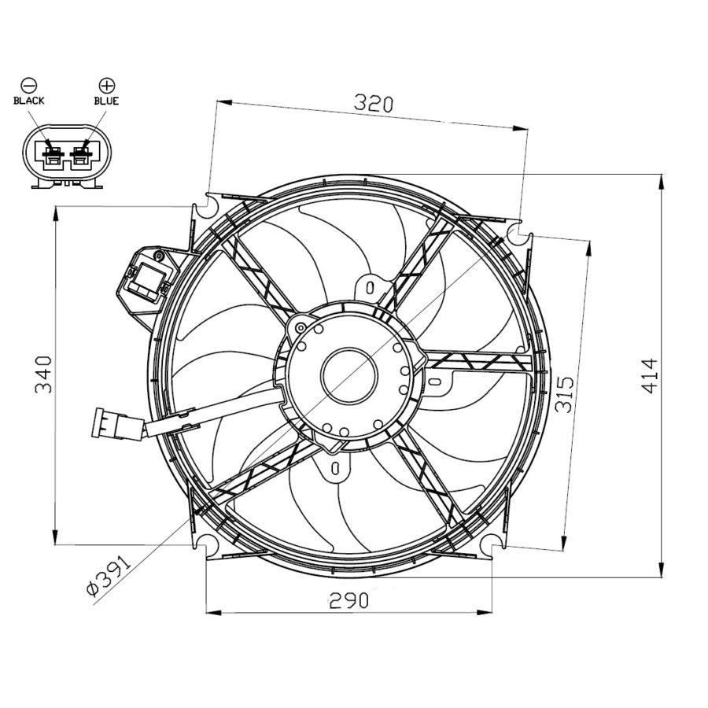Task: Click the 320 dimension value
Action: click(373, 103)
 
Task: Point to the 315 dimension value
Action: click(564, 393)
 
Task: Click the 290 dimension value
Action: click(348, 601)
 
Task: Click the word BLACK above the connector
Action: click(29, 101)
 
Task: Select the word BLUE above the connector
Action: click(106, 101)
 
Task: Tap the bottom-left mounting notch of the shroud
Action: click(207, 545)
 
